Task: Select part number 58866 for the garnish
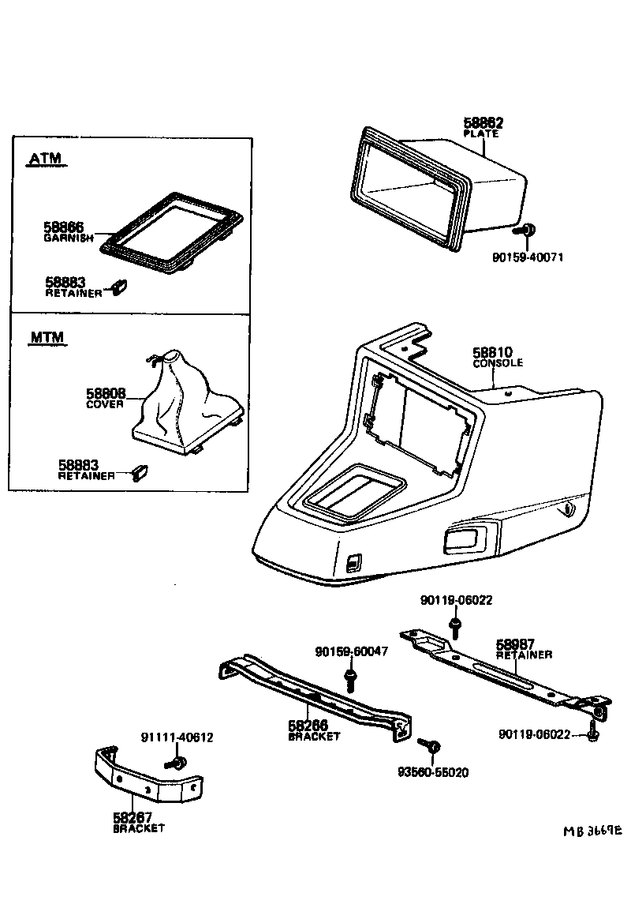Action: point(64,227)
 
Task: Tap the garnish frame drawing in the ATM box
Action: point(172,235)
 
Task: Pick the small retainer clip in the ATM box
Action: point(121,286)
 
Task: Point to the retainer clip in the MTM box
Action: point(142,471)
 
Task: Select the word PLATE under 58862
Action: point(481,134)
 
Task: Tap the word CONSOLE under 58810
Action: point(498,363)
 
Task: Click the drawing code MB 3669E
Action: point(592,831)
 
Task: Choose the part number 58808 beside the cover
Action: point(105,392)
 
